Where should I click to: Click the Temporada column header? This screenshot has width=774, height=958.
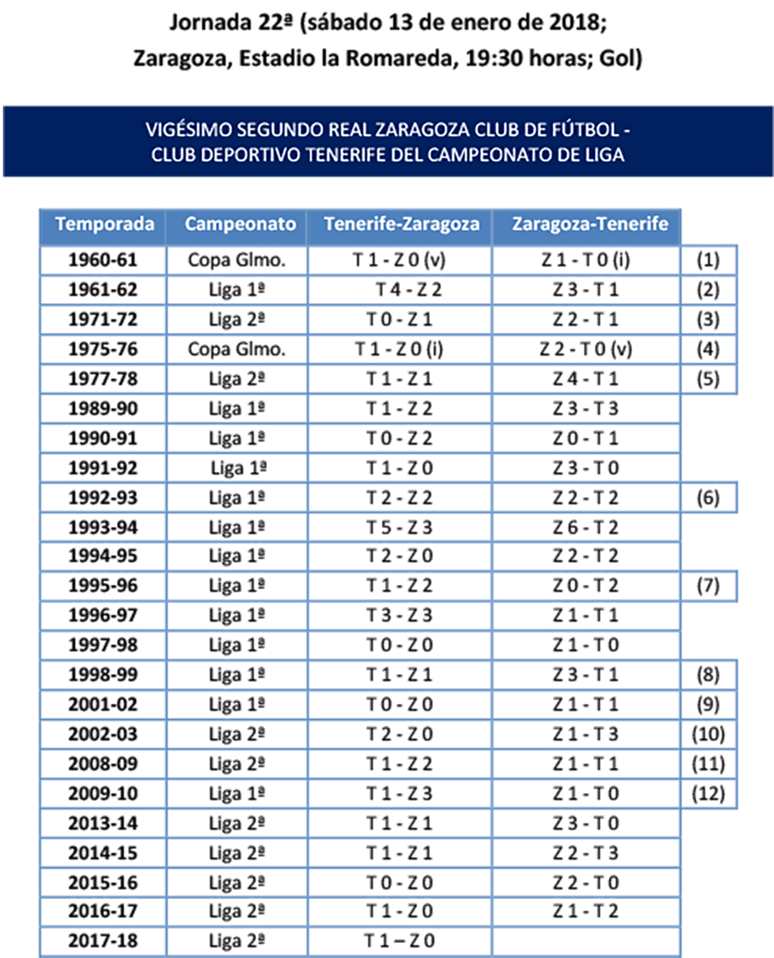tap(104, 224)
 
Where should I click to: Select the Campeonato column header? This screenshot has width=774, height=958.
tap(240, 224)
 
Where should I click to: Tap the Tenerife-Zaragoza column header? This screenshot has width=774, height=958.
tap(401, 224)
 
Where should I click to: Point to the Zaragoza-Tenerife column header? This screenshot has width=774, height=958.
tap(590, 224)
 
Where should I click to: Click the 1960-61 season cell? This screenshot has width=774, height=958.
tap(103, 260)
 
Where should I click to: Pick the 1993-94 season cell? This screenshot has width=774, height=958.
tap(103, 528)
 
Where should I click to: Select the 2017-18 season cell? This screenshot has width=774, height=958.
tap(103, 941)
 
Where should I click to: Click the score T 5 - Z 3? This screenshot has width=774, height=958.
tap(400, 528)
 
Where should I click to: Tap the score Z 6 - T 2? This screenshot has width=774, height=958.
tap(586, 528)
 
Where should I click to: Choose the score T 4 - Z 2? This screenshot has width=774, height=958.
tap(409, 290)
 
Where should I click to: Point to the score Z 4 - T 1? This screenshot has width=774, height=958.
tap(586, 379)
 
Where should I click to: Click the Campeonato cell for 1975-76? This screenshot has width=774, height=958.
tap(237, 350)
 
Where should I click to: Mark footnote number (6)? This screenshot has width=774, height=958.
tap(708, 498)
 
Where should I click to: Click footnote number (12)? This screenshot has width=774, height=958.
tap(708, 794)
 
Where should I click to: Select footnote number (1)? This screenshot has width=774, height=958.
tap(708, 260)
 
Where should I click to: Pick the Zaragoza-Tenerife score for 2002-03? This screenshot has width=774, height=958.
tap(586, 735)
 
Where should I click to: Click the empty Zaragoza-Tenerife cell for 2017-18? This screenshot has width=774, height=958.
tap(586, 941)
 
